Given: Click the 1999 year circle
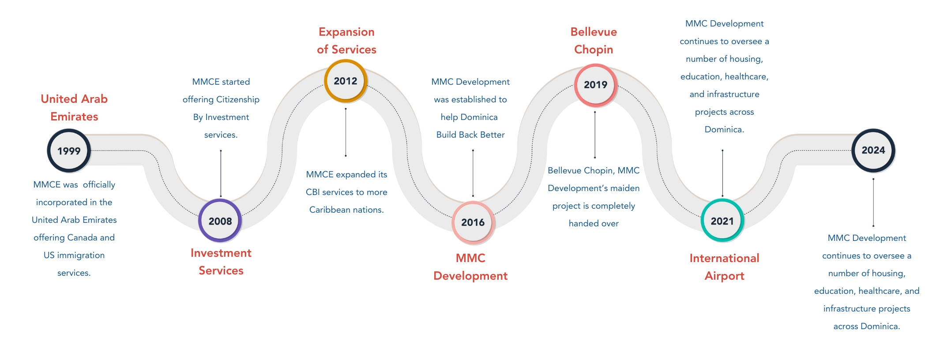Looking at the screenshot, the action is click(69, 150).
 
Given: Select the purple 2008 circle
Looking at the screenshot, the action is click(220, 221).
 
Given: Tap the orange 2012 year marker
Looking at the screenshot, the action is click(346, 81).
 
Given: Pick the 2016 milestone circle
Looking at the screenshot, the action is click(473, 222).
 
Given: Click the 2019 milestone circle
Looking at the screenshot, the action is click(596, 85).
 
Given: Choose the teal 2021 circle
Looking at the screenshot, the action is click(722, 221).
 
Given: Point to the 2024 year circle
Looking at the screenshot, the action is click(873, 150).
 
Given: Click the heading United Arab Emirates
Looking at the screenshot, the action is click(74, 108).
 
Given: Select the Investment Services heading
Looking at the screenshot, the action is click(221, 262).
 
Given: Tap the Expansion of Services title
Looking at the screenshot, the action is click(346, 41).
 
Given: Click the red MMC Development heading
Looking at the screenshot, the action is click(470, 267).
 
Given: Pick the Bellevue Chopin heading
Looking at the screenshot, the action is click(594, 41).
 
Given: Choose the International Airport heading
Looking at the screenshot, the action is click(724, 267).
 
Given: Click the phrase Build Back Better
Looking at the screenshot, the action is click(470, 135).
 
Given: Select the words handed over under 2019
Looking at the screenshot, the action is click(594, 223).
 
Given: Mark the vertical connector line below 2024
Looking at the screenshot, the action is click(873, 202).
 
